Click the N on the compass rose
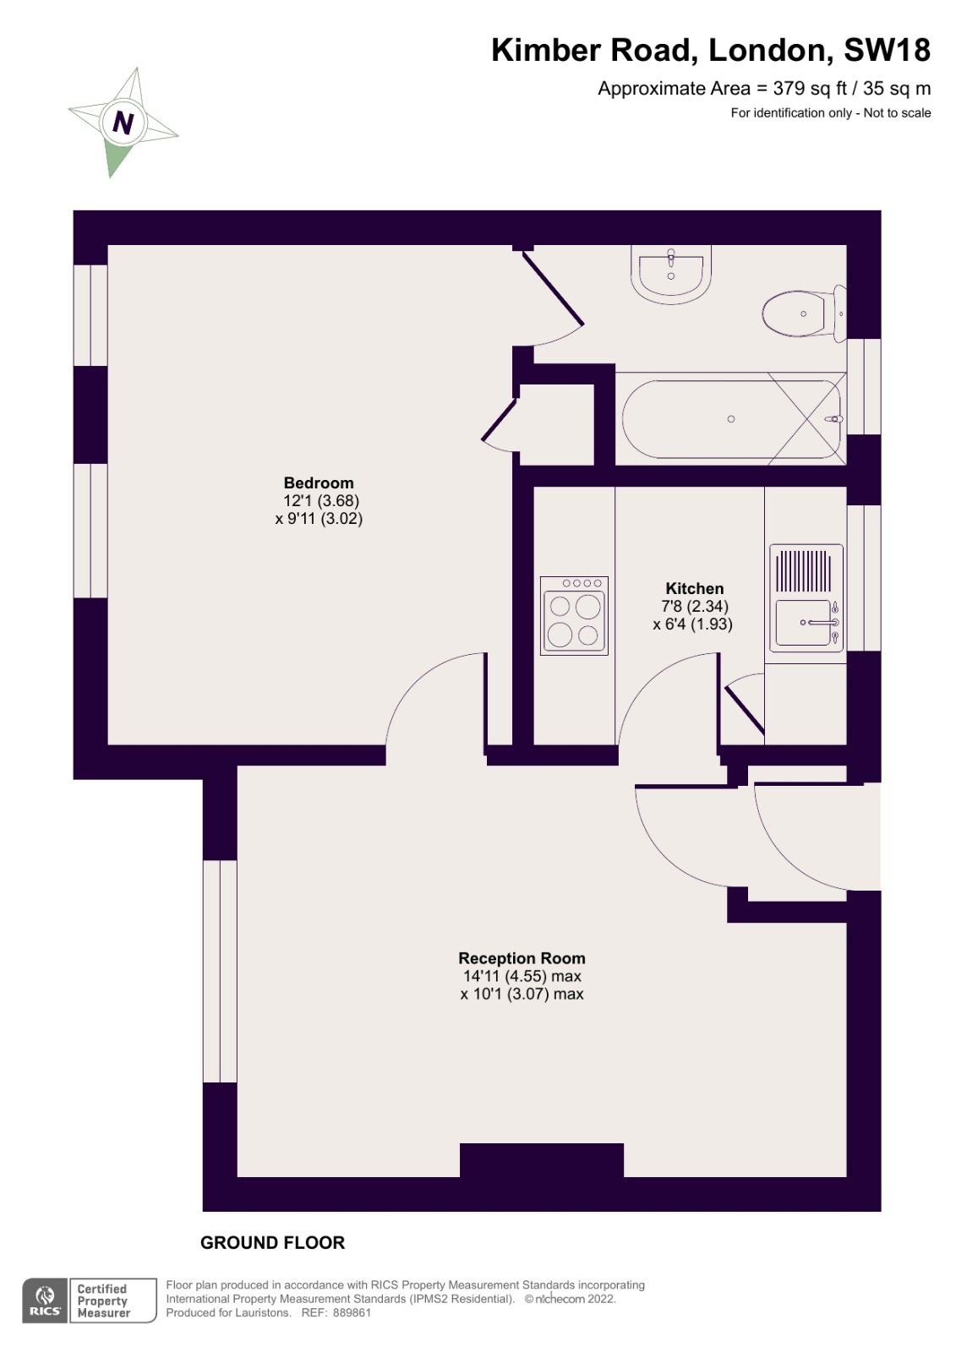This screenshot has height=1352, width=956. (123, 123)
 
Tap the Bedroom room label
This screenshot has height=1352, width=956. (319, 483)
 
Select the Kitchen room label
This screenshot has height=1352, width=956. (694, 589)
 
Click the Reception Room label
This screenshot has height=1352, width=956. (522, 958)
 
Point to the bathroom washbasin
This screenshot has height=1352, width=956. (671, 275)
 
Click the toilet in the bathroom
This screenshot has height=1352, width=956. (801, 313)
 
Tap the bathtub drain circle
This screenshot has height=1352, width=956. (731, 419)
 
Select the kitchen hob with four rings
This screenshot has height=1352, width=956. (574, 616)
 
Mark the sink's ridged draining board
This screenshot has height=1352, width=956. (803, 571)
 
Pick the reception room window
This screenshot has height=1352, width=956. (220, 972)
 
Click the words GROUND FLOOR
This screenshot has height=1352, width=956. (272, 1243)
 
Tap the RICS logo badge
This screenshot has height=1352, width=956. (45, 1300)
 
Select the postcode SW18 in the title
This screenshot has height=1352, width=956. (887, 51)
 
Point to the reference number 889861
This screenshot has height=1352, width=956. (352, 1313)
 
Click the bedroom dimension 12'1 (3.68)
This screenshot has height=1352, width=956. (320, 501)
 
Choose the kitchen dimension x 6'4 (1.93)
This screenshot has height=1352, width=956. (692, 624)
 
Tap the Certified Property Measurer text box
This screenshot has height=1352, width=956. (112, 1300)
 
